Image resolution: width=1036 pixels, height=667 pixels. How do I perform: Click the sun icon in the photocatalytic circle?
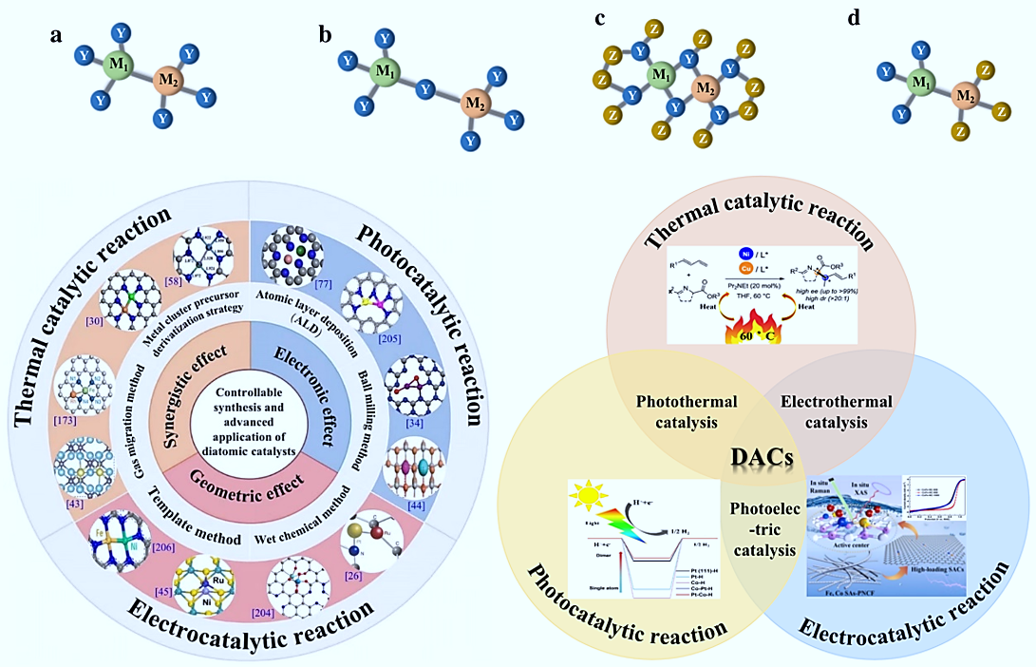pyautogui.click(x=587, y=498)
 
